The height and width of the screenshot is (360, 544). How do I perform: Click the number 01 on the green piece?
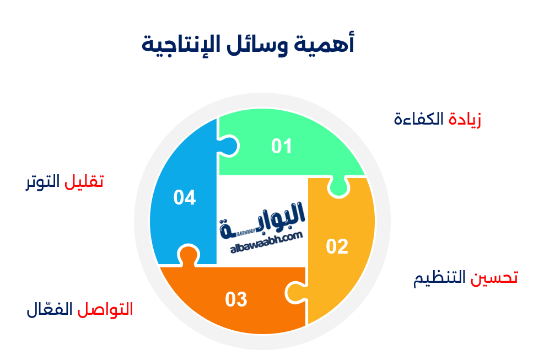pos(281,146)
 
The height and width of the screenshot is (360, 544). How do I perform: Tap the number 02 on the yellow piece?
pos(337,246)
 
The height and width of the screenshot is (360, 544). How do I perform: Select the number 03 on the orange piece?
pos(236,299)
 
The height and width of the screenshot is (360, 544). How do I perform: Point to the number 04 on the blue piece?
pos(185,197)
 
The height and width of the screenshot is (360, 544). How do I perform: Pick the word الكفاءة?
pos(419,119)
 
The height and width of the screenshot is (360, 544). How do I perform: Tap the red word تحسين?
pos(494,278)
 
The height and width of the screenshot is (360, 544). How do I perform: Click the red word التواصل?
pos(105,309)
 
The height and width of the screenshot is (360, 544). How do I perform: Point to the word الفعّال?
pos(50,309)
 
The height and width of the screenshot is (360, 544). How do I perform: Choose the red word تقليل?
pos(84,181)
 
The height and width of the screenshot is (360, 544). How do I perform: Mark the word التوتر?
pos(43,182)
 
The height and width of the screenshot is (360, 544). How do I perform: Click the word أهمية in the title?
pos(324,44)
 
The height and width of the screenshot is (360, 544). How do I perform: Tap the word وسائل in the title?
pos(257,45)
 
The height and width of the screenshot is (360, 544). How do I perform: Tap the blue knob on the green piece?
pos(228,146)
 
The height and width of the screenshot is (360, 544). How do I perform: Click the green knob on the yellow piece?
pos(338,187)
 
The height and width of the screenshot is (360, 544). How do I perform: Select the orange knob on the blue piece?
pos(188,256)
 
